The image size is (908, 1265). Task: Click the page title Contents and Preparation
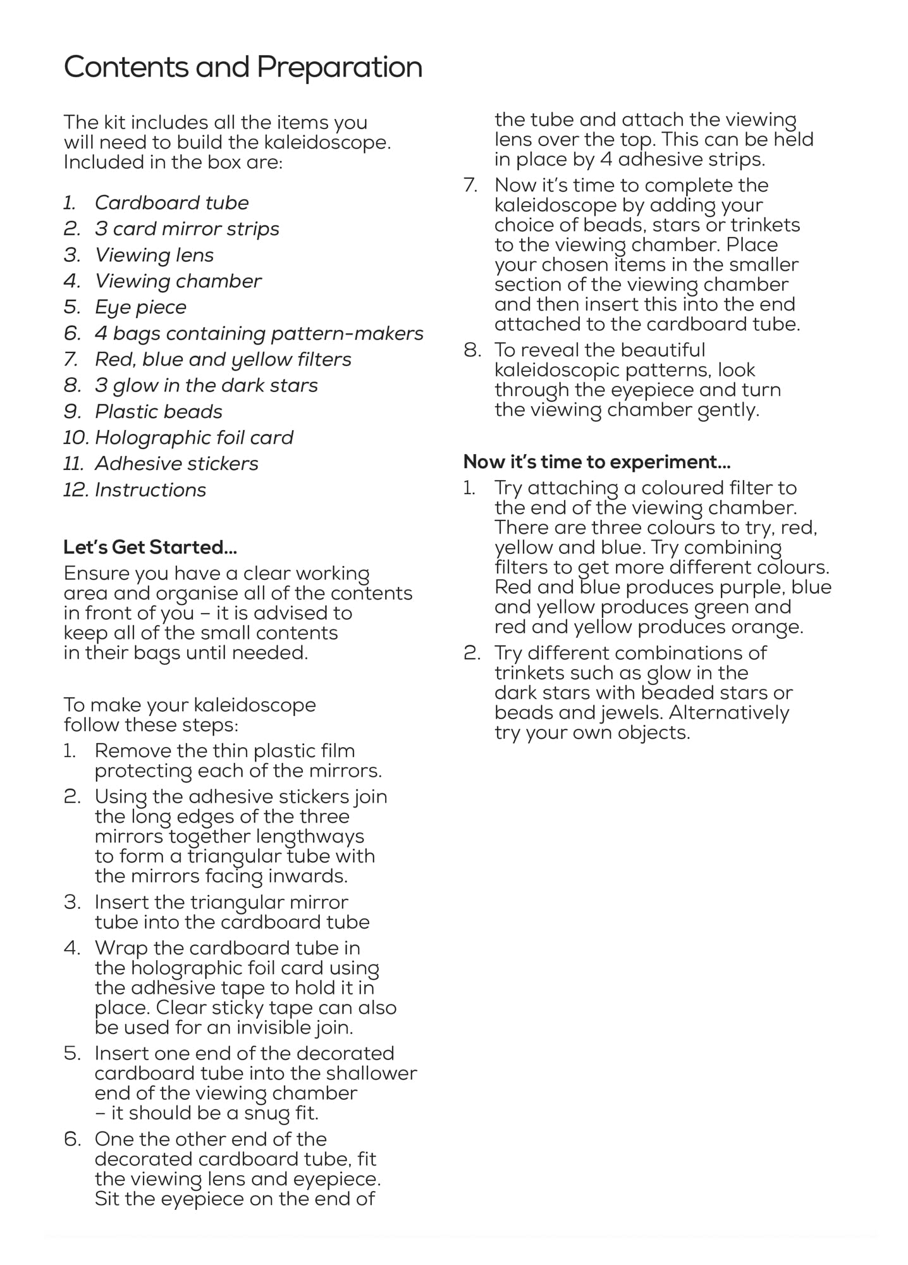(243, 67)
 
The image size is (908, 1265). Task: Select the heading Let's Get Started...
(150, 547)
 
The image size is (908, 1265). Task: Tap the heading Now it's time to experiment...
(597, 462)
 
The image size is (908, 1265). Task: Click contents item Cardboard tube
(171, 203)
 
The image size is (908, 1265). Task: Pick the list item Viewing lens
(154, 255)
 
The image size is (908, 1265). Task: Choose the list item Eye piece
(140, 307)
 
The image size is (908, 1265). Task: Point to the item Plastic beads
(159, 412)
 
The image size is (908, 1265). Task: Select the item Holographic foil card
(194, 438)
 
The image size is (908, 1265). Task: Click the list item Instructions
(150, 490)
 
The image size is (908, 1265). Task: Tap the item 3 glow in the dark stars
(206, 385)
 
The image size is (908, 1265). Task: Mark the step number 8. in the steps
(473, 350)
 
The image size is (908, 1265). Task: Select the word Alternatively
(728, 713)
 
